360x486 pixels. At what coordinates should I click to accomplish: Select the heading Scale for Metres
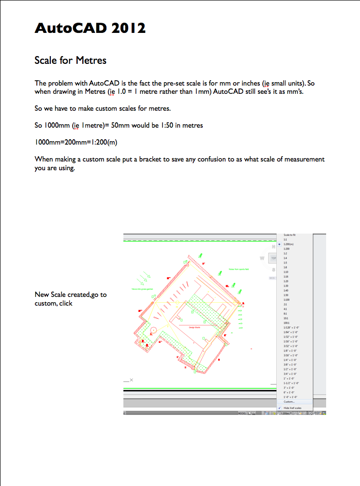point(70,60)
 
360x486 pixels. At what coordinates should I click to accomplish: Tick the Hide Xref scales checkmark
point(280,408)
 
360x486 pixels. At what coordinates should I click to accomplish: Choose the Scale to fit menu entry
point(289,235)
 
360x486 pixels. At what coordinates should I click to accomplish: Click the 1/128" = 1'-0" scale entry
point(291,327)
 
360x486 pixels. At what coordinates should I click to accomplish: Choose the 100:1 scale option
point(286,323)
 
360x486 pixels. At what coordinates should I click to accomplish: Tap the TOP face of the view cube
point(274,258)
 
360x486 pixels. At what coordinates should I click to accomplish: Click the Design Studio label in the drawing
point(188,327)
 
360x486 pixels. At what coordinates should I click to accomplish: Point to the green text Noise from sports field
point(238,269)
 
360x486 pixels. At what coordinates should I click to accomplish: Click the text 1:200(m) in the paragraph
point(99,142)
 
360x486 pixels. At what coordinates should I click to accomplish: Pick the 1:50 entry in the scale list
point(286,295)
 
